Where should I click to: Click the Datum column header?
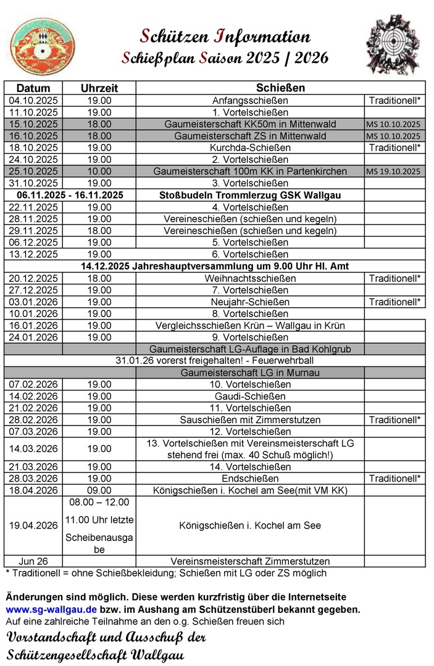33,88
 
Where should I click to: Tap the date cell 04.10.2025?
33,100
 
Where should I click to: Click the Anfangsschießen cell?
250,100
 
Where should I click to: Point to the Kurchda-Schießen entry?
250,147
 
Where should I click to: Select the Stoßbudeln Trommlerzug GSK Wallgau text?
250,195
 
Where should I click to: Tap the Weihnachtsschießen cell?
250,278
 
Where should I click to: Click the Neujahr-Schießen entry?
250,302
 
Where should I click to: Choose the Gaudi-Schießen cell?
250,396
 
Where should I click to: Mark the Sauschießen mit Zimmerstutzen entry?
250,420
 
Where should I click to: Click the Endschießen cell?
250,479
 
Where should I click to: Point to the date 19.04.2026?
33,525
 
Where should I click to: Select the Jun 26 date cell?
33,561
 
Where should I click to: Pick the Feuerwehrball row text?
215,361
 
